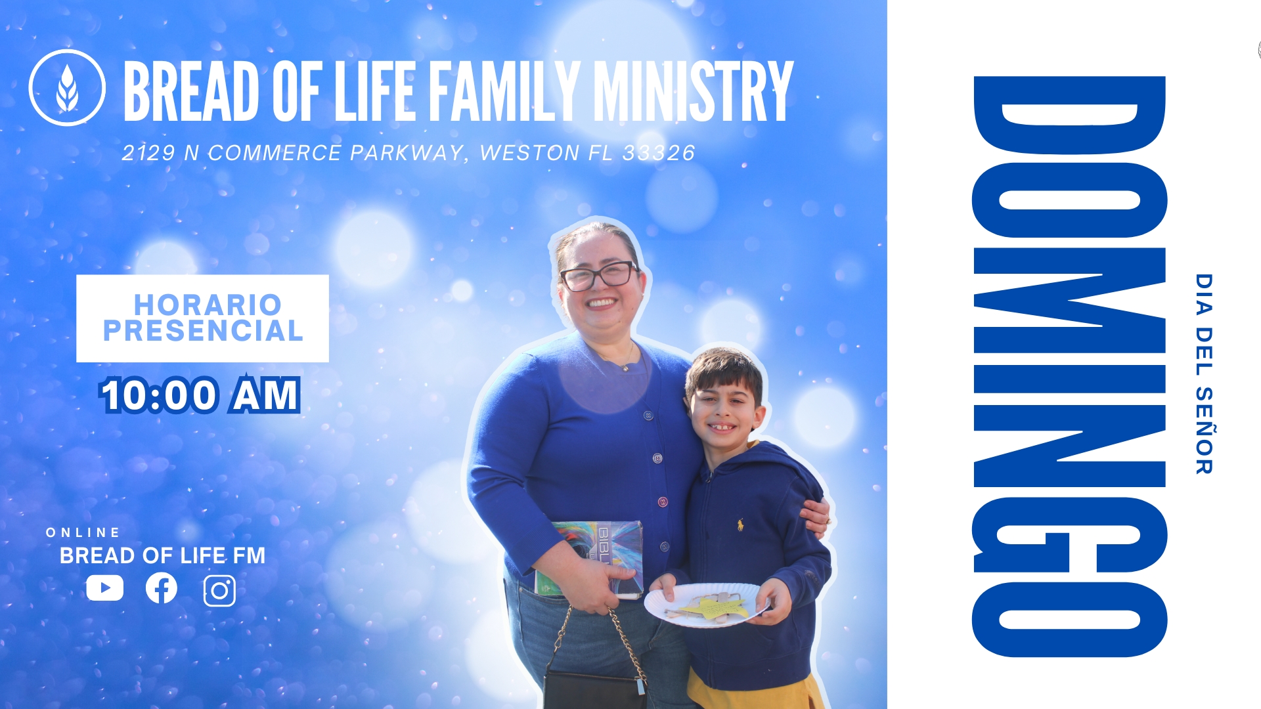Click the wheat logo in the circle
(67, 87)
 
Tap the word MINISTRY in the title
(694, 91)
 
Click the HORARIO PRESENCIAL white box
(202, 318)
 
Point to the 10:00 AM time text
(200, 395)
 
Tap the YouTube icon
(104, 588)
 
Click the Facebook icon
(162, 588)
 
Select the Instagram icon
(219, 590)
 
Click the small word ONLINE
(83, 532)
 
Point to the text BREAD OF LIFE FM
(162, 556)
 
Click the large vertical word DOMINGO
(1069, 366)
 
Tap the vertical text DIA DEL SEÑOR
(1204, 374)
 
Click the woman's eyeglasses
(599, 276)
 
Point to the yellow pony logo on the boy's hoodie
(741, 524)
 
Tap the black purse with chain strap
(594, 683)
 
